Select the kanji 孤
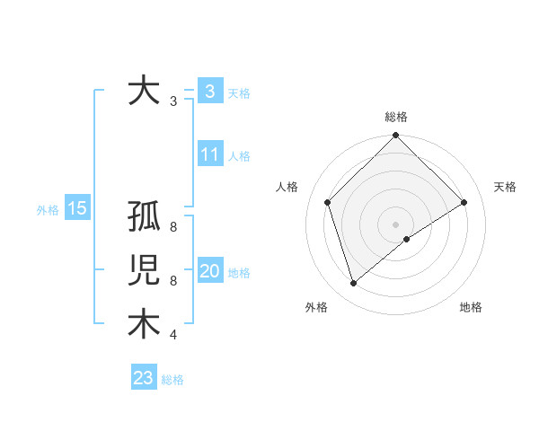(x=145, y=218)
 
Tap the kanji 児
(x=145, y=271)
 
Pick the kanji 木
(x=145, y=324)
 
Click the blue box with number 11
(x=209, y=154)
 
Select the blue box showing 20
(x=209, y=271)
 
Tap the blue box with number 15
(x=76, y=209)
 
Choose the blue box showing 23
(x=144, y=378)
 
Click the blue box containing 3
(x=209, y=92)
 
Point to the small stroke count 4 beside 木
(x=172, y=335)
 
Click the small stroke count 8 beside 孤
(x=172, y=227)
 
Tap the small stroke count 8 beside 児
(x=172, y=281)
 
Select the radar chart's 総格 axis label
(x=395, y=117)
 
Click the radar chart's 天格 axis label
(x=505, y=187)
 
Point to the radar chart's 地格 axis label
(x=471, y=307)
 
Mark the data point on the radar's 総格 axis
(x=395, y=136)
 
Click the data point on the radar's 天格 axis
(x=464, y=202)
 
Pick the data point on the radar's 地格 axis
(x=407, y=239)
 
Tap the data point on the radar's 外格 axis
(x=353, y=284)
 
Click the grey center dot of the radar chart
(x=395, y=224)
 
